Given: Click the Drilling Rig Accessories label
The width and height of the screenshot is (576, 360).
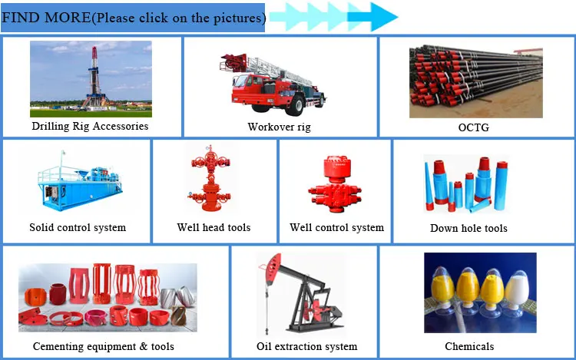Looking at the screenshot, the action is [x=90, y=126].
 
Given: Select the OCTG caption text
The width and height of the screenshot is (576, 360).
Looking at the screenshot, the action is [x=474, y=127].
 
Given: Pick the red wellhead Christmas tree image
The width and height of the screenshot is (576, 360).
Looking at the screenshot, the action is [x=210, y=178].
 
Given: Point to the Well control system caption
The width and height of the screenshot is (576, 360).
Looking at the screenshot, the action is [x=337, y=227].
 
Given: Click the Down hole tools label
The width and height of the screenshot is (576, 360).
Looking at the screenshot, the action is [x=468, y=228].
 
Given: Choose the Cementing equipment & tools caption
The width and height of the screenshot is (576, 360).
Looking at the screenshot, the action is [x=104, y=346].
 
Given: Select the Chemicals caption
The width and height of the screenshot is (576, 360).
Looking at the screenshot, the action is [x=469, y=346].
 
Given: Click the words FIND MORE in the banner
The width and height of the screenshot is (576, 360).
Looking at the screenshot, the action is [x=46, y=18].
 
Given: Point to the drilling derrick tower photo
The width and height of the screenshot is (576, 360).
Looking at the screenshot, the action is [x=91, y=79].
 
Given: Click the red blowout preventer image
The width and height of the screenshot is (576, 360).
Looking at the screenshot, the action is [x=335, y=184].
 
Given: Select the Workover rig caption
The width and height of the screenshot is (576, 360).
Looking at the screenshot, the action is [x=280, y=127].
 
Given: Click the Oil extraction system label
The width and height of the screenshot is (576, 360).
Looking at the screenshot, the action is [x=307, y=346].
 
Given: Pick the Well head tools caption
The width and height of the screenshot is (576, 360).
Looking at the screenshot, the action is [x=214, y=227].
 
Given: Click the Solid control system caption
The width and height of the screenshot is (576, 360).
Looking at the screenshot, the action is [x=78, y=227].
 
